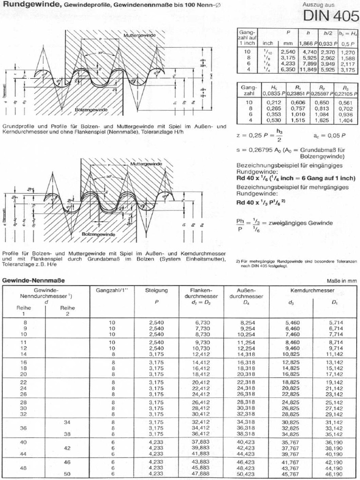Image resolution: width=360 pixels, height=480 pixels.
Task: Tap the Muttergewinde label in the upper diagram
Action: point(137,36)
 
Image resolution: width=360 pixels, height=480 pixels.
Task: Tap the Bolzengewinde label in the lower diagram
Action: point(98,233)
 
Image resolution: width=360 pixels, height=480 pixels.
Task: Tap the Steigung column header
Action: point(157,291)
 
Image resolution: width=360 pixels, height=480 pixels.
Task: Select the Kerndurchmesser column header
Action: point(313,291)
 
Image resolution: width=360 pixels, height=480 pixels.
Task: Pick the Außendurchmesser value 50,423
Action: point(247,474)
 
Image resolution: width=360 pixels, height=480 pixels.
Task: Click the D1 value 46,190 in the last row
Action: point(335,474)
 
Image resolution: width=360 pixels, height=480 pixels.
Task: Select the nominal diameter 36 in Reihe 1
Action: point(24,428)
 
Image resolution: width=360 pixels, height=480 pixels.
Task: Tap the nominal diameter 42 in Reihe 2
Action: point(66,448)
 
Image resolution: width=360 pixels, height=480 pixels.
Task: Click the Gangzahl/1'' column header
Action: point(112,291)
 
